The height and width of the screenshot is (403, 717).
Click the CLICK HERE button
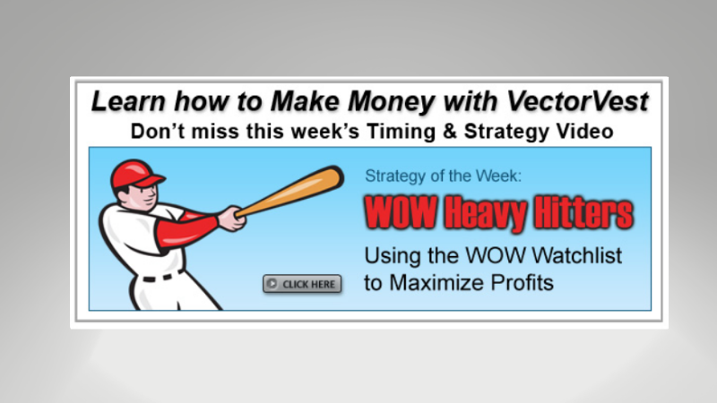302,285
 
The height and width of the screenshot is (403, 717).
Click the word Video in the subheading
583,132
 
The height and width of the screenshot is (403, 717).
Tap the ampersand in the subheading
438,132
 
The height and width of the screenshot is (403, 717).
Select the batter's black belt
162,276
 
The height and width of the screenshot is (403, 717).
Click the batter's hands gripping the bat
231,218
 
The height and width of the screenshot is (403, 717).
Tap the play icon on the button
272,285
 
